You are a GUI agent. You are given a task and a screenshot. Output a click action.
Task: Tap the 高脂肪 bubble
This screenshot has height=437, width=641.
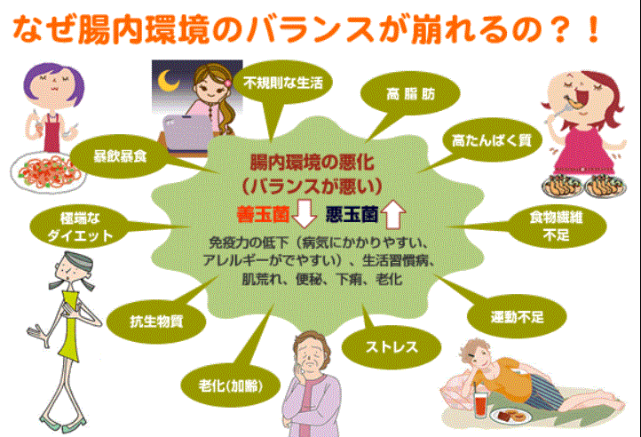pyautogui.click(x=410, y=94)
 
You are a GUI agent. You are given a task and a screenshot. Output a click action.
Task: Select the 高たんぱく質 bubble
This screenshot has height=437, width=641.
pyautogui.click(x=491, y=140)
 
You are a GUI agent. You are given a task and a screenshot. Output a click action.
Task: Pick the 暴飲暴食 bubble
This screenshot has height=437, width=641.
pyautogui.click(x=120, y=156)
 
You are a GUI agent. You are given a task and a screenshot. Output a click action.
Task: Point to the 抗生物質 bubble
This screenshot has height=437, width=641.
pyautogui.click(x=156, y=322)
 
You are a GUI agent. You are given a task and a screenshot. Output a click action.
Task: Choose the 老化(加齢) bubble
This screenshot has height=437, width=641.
pyautogui.click(x=231, y=385)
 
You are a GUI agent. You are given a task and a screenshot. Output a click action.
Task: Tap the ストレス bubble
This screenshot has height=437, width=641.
pyautogui.click(x=392, y=347)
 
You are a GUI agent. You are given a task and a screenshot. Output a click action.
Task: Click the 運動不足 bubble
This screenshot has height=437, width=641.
pyautogui.click(x=517, y=317)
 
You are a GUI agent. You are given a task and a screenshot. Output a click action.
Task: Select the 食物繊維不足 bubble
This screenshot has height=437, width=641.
pyautogui.click(x=556, y=226)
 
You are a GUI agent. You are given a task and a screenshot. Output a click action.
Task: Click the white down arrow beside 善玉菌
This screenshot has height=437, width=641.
pyautogui.click(x=305, y=213)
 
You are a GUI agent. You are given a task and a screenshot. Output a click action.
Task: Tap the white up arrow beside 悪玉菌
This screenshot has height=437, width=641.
pyautogui.click(x=393, y=214)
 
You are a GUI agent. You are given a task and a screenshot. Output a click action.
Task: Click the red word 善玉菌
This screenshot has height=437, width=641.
pyautogui.click(x=264, y=214)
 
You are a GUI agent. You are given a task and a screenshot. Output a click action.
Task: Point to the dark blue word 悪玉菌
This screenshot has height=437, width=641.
pyautogui.click(x=352, y=214)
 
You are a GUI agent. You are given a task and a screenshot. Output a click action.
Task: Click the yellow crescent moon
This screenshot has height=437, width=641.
pyautogui.click(x=169, y=80)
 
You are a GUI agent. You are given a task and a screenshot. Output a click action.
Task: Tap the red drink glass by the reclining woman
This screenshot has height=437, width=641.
pyautogui.click(x=481, y=404)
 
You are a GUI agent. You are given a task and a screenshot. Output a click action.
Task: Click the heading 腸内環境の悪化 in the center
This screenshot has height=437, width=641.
pyautogui.click(x=312, y=163)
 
